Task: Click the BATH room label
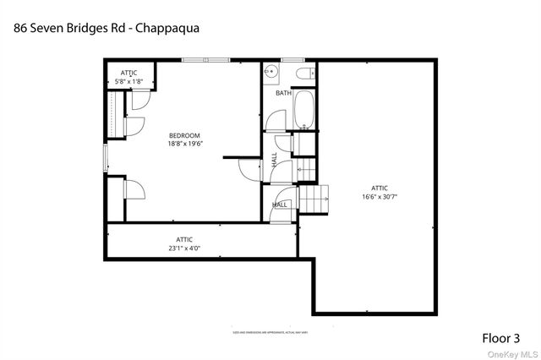[x=283, y=93]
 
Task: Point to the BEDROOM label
[x=183, y=136]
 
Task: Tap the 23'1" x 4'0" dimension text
[x=183, y=248]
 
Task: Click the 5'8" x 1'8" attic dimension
[x=128, y=81]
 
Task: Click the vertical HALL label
[x=275, y=159]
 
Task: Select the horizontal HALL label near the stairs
[x=280, y=205]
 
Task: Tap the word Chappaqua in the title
[x=170, y=27]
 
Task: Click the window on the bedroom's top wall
[x=205, y=60]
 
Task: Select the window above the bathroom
[x=292, y=60]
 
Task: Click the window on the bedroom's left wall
[x=105, y=157]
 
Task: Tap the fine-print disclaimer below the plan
[x=270, y=333]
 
